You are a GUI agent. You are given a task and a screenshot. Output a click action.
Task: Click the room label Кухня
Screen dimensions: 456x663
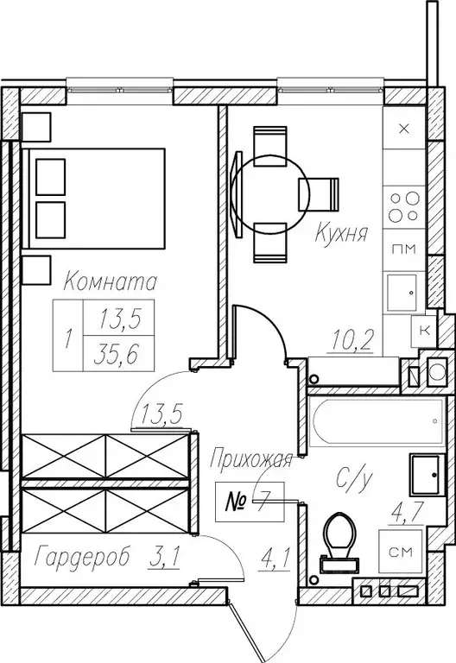341,232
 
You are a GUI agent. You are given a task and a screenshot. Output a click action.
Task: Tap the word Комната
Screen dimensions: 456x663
111,281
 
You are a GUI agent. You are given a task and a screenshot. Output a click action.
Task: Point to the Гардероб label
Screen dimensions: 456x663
82,557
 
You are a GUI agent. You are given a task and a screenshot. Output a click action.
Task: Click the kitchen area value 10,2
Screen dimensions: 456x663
352,340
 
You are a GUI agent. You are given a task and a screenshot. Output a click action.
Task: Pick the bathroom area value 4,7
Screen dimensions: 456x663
407,514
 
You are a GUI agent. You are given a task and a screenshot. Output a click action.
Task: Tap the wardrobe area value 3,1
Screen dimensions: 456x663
164,558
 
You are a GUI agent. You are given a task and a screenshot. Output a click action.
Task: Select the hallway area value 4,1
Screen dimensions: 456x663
275,559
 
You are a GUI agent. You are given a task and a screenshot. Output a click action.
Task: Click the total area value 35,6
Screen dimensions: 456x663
117,354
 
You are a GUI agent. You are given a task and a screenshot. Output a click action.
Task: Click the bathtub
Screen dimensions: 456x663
376,420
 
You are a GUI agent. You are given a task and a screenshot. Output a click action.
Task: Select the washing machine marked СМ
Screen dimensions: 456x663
401,552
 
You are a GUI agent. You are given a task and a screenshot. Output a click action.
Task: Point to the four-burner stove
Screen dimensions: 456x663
404,207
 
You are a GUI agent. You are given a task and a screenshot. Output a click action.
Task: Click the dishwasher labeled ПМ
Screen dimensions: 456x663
404,249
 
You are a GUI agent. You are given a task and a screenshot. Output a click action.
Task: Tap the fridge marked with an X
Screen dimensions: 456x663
404,128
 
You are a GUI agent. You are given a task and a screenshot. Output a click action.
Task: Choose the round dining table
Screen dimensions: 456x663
270,194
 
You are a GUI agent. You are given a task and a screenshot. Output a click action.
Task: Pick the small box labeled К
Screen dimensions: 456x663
424,330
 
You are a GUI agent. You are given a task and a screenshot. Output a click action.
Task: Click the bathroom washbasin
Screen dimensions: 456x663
427,475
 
